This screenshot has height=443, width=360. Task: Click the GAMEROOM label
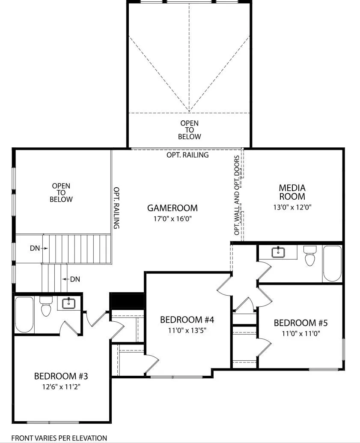click(x=172, y=208)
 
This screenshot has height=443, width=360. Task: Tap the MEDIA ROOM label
click(x=292, y=192)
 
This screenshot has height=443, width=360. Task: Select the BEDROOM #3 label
click(x=61, y=376)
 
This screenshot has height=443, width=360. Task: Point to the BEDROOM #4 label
click(x=187, y=320)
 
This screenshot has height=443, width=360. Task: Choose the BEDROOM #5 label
click(x=300, y=323)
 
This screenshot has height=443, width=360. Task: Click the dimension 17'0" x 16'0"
click(x=173, y=219)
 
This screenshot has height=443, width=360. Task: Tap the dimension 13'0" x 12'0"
click(x=292, y=207)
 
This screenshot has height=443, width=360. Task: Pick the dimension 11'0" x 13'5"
click(x=187, y=330)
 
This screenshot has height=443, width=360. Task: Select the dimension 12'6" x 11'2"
click(x=61, y=386)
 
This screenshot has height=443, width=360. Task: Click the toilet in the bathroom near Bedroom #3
click(x=45, y=306)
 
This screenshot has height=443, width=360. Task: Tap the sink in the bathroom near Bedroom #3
click(x=68, y=303)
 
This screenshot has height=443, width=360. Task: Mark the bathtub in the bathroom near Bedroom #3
click(x=24, y=314)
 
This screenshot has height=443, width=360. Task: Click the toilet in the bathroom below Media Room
click(x=310, y=256)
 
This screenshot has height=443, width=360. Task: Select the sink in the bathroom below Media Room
click(x=278, y=252)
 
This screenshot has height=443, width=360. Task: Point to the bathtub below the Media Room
click(x=332, y=263)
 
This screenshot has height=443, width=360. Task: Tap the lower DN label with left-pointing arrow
click(x=71, y=279)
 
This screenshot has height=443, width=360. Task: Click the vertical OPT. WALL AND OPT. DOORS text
click(x=237, y=195)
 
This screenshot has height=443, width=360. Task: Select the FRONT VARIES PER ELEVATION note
click(x=60, y=438)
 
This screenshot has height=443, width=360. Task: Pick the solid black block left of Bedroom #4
click(x=127, y=301)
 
